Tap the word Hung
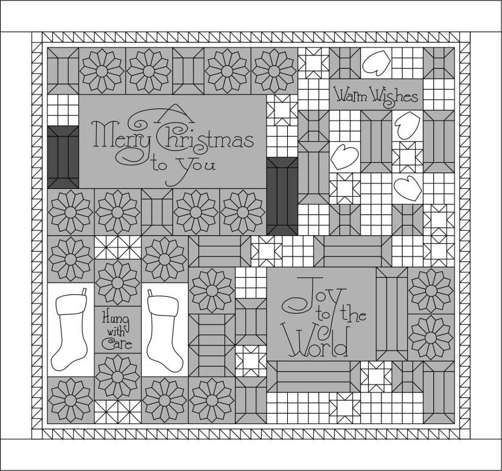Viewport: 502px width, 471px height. pos(115,319)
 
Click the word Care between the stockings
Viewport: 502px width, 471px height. pos(117,344)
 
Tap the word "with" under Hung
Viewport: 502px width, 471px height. pos(116,331)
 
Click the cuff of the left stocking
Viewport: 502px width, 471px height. pos(71,304)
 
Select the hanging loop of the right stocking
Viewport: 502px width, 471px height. pos(150,293)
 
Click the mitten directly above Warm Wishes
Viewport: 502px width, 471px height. pos(377,63)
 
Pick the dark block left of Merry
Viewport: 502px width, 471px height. pos(63,157)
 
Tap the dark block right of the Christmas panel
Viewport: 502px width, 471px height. pos(282,196)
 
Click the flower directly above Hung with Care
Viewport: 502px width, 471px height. pos(118,283)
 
